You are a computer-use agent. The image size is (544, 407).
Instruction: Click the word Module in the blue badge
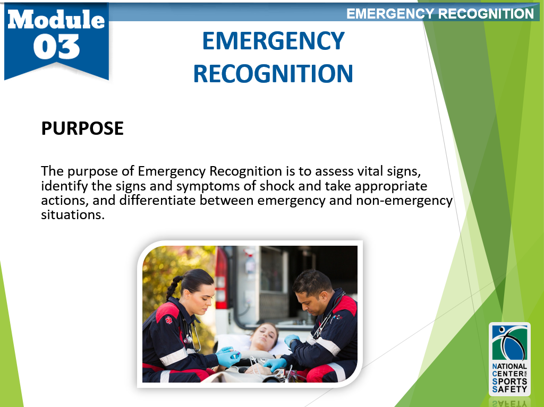56,20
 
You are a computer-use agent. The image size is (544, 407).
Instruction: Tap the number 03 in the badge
56,47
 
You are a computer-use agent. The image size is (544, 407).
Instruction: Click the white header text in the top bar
440,14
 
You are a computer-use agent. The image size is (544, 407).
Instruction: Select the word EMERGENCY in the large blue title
274,41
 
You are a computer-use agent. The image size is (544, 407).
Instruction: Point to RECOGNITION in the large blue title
273,74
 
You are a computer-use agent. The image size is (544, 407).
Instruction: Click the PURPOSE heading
82,128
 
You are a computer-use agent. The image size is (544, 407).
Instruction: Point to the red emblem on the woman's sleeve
169,321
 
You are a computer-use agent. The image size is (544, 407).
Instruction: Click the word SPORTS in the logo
509,381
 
